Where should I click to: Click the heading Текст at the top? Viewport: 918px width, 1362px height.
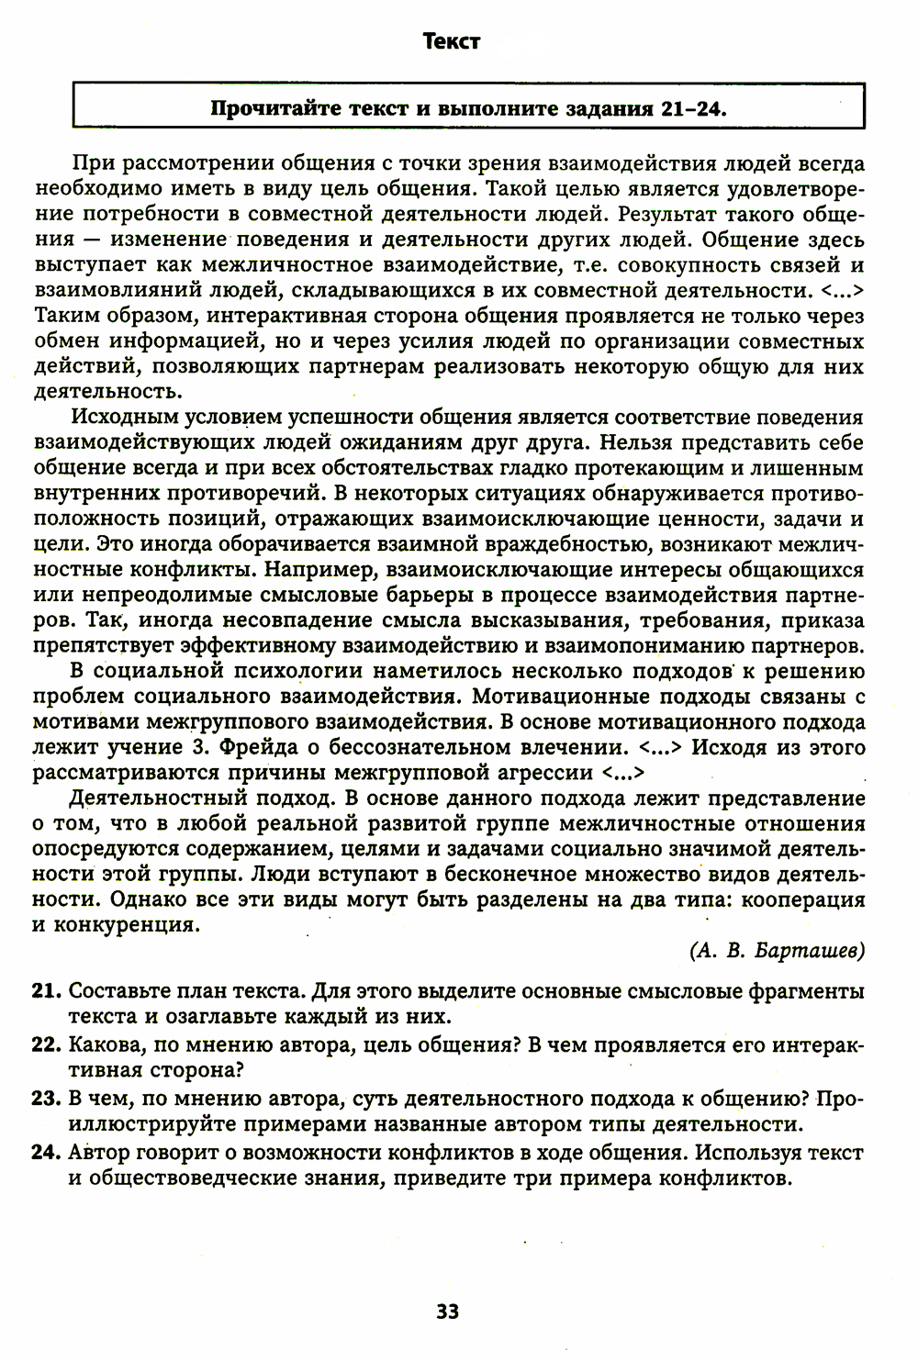[452, 41]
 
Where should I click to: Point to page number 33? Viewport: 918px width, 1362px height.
[448, 1311]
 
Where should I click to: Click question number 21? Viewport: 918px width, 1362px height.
[47, 992]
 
